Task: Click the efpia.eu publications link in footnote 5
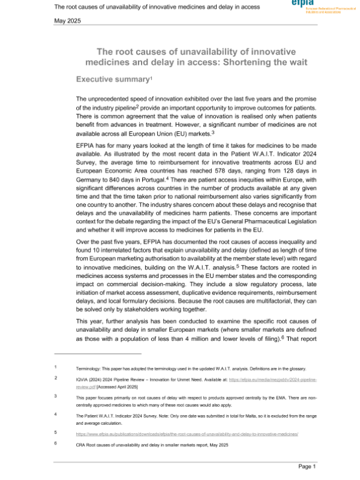coord(187,432)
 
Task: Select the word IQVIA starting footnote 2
coord(83,380)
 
